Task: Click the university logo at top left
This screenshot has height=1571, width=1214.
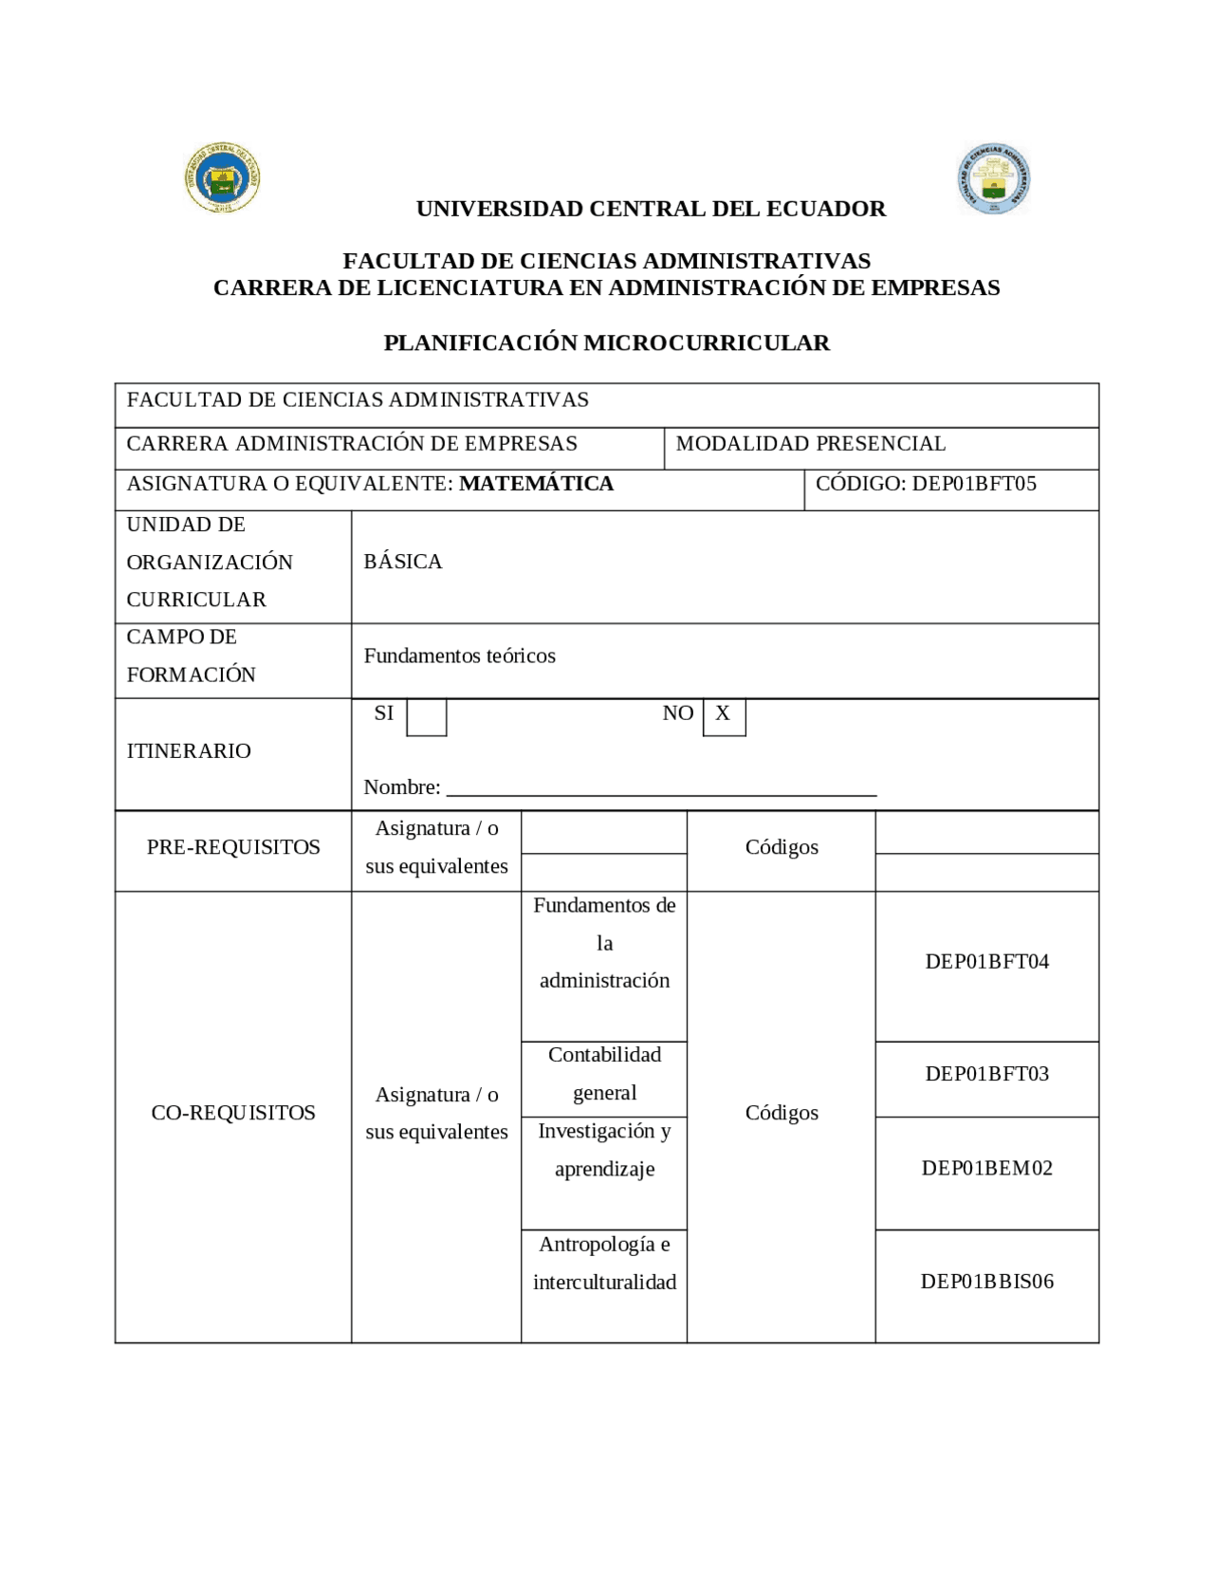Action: (222, 177)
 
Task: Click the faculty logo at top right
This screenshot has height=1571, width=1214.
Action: (993, 178)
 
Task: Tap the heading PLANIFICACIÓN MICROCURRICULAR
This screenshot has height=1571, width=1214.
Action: (606, 342)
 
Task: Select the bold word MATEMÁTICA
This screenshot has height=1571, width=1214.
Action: (536, 484)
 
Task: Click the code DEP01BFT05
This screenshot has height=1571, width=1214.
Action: (973, 484)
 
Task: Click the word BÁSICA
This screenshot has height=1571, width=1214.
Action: (403, 562)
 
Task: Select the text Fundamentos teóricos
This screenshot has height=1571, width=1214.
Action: (459, 656)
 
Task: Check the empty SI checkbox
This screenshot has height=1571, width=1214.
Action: (426, 717)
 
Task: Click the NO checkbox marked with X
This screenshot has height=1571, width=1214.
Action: (724, 716)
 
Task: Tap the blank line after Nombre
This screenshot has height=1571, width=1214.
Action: (660, 789)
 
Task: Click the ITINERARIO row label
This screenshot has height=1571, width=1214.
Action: (189, 751)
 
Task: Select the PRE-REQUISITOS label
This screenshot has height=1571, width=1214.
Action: (233, 847)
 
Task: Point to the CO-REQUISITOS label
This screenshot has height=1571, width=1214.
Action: (233, 1113)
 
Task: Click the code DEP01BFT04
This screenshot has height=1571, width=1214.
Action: (986, 962)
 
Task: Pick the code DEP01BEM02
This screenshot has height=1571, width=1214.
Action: (986, 1169)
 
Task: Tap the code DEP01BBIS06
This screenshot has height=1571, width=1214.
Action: (986, 1282)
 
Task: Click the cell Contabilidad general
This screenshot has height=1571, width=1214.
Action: (604, 1074)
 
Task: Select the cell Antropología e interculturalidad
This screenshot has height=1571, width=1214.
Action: (604, 1264)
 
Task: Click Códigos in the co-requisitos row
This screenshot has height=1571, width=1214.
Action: (782, 1113)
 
